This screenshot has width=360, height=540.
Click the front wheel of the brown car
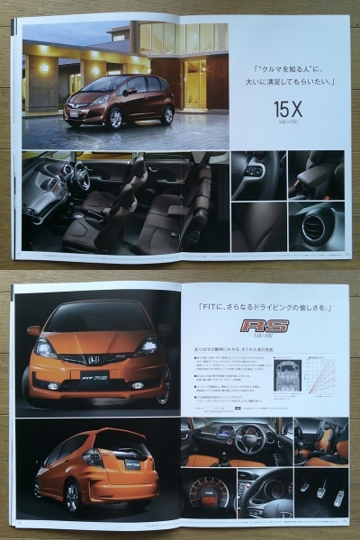point(114,119)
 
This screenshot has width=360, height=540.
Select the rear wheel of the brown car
point(167,114)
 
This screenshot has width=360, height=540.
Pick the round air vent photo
point(315,228)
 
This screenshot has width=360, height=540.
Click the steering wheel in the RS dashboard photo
point(250,438)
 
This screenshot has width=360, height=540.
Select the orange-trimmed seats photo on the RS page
point(321,441)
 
